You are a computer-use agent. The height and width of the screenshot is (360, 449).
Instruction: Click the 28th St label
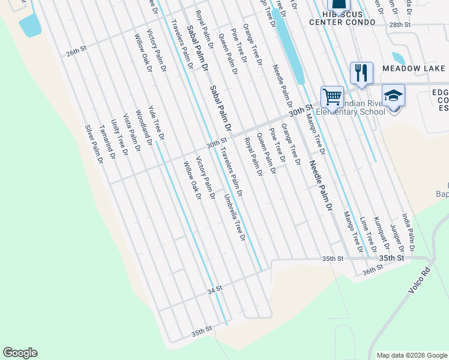coord(399,25)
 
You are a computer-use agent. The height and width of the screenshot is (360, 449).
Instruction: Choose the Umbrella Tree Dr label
coord(235,217)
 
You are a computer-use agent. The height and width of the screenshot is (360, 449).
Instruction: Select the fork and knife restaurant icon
coord(361,73)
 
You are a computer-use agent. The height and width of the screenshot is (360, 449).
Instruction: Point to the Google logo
coord(20,353)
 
